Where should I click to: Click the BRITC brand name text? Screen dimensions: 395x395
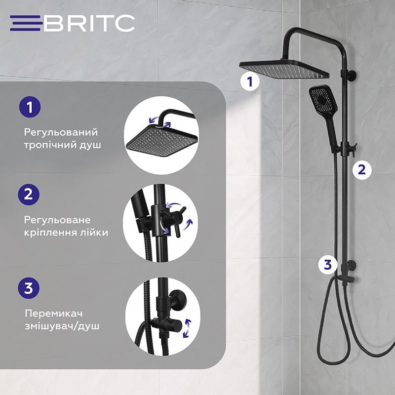coord(89,23)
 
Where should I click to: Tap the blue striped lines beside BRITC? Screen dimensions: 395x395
coord(26,23)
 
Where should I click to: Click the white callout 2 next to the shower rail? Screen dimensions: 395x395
coord(362,169)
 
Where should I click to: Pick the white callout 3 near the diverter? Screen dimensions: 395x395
coord(327,264)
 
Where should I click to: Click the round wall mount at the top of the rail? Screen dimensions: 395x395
coord(353,76)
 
